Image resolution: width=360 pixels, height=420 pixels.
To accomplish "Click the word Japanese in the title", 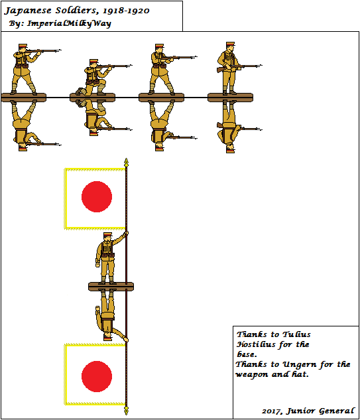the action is click(x=28, y=11).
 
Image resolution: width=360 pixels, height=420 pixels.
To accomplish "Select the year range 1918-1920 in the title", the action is click(x=126, y=11).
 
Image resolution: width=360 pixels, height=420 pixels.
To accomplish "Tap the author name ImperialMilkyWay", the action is click(x=69, y=24).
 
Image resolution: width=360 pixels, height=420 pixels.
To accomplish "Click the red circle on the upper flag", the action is click(x=97, y=196).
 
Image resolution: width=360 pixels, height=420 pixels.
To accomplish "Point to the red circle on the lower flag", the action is click(x=97, y=376).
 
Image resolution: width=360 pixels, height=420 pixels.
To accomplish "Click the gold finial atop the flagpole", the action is click(x=127, y=163).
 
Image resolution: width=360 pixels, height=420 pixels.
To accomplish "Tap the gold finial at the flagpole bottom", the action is click(x=127, y=410).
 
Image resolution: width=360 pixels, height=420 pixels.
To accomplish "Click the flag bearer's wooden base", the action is click(x=111, y=287).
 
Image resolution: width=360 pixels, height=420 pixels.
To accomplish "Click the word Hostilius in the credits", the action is click(x=256, y=344).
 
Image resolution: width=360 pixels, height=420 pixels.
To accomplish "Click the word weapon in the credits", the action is click(x=251, y=374).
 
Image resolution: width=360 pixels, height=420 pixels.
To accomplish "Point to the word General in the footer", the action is click(x=337, y=411).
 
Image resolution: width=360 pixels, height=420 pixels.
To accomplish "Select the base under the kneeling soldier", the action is click(x=92, y=98).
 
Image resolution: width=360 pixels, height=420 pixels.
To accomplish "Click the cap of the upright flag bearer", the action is click(x=108, y=234).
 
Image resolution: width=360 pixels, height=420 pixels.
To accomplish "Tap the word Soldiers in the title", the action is click(x=76, y=11).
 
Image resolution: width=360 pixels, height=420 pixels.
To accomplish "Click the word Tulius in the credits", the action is click(x=296, y=334).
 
